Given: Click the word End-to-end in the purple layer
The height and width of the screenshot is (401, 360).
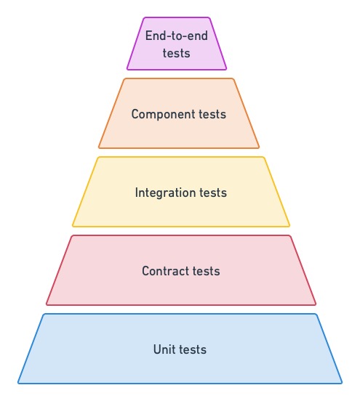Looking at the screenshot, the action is click(x=177, y=36).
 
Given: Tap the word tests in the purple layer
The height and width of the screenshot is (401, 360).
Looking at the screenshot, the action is click(x=177, y=54).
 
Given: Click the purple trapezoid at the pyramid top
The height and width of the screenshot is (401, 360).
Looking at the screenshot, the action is click(x=177, y=44).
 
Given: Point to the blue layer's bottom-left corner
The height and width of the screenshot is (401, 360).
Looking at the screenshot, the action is click(x=18, y=384).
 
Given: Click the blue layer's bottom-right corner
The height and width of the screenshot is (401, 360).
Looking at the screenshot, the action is click(x=342, y=384).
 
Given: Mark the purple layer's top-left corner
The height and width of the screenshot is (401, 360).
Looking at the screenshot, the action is click(x=144, y=17).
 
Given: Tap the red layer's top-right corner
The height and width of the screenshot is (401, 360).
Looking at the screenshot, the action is click(x=290, y=236).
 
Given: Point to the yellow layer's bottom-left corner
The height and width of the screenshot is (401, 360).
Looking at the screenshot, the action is click(x=73, y=227).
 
